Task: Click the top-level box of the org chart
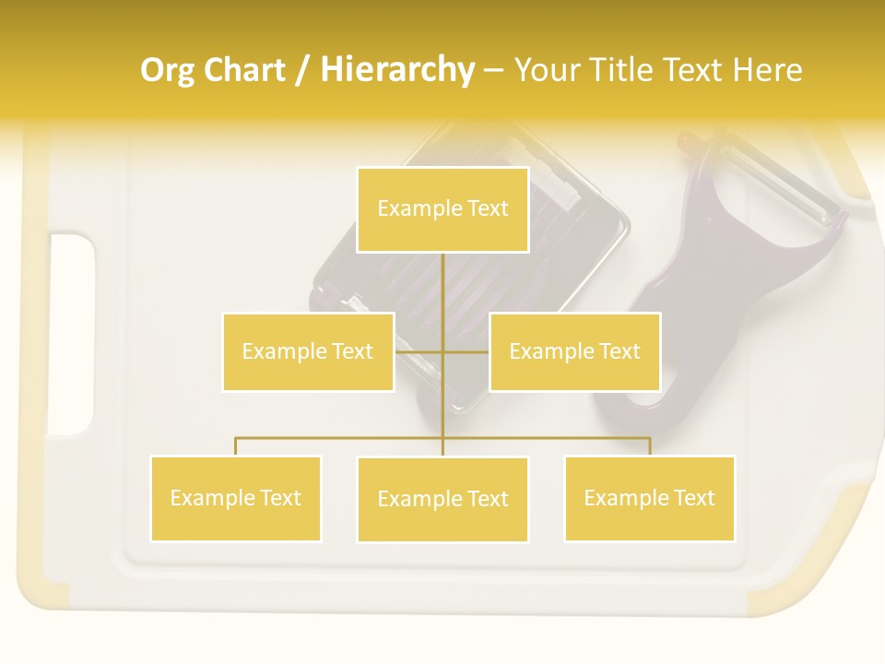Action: tap(442, 209)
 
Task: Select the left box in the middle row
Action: tap(308, 351)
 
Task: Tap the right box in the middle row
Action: tap(574, 351)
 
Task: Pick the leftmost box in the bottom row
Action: tap(235, 498)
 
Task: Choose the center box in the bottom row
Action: tap(442, 499)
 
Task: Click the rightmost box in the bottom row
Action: tap(649, 498)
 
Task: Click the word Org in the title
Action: tap(167, 70)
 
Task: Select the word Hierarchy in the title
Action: tap(396, 70)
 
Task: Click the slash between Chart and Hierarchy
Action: tap(302, 71)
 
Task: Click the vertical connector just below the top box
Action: tap(442, 277)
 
